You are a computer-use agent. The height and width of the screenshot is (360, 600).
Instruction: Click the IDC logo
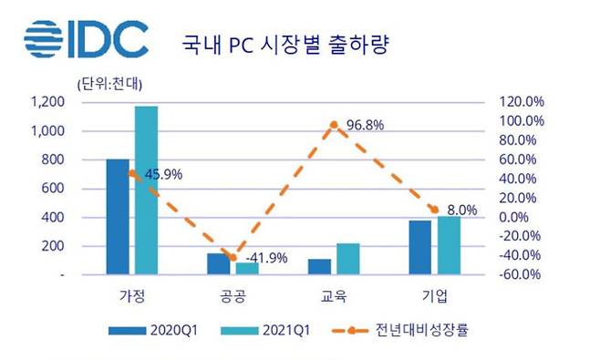(86, 38)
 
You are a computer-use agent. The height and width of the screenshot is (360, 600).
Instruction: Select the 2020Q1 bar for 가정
(118, 216)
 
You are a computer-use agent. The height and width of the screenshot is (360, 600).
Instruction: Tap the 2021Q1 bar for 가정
(146, 190)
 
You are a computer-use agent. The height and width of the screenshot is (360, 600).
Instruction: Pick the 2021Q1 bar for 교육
(348, 258)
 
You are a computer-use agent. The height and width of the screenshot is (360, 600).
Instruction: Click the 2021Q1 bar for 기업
(449, 244)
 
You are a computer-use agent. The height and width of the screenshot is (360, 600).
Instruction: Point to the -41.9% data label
(267, 258)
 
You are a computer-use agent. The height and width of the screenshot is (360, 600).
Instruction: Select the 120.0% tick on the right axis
(522, 102)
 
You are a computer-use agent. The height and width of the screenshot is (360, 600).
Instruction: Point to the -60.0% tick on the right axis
(522, 274)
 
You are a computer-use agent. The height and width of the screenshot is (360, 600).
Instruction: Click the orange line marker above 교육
(335, 124)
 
